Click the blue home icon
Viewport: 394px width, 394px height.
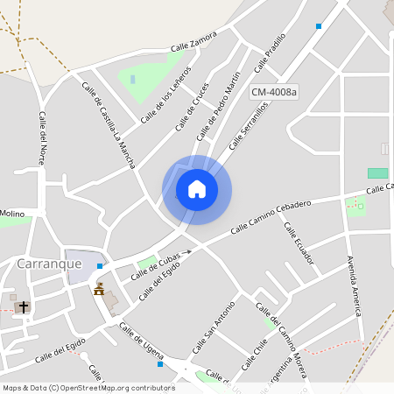tap(197, 188)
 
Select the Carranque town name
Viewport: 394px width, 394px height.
tap(49, 263)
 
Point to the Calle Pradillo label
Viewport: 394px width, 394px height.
tap(271, 53)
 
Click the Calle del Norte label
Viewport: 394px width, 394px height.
tap(41, 138)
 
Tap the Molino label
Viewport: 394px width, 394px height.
tap(12, 213)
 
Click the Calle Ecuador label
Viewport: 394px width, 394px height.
tap(299, 243)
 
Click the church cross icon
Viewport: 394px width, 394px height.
tap(23, 306)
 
